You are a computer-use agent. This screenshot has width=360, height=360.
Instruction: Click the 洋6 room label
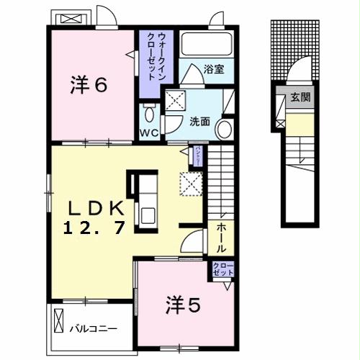click(x=89, y=85)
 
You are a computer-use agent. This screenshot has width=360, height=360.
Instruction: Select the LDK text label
click(x=96, y=209)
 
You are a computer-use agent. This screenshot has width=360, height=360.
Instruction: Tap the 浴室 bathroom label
click(x=213, y=70)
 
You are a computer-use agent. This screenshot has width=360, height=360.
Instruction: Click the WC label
click(x=149, y=133)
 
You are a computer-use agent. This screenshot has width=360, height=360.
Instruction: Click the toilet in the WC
click(x=149, y=113)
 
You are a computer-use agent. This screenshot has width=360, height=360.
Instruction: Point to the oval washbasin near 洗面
click(x=223, y=130)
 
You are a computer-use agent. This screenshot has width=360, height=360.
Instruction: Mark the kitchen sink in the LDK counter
click(x=146, y=215)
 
